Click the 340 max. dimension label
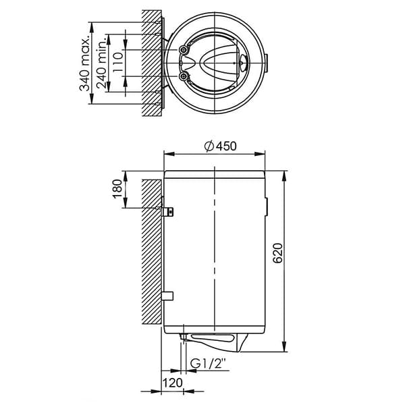click(84, 63)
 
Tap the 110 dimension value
click(117, 63)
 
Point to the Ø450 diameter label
click(220, 146)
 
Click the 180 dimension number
click(117, 189)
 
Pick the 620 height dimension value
click(278, 253)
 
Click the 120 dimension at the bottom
click(172, 383)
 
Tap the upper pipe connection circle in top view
click(184, 50)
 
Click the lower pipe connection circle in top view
click(184, 76)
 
